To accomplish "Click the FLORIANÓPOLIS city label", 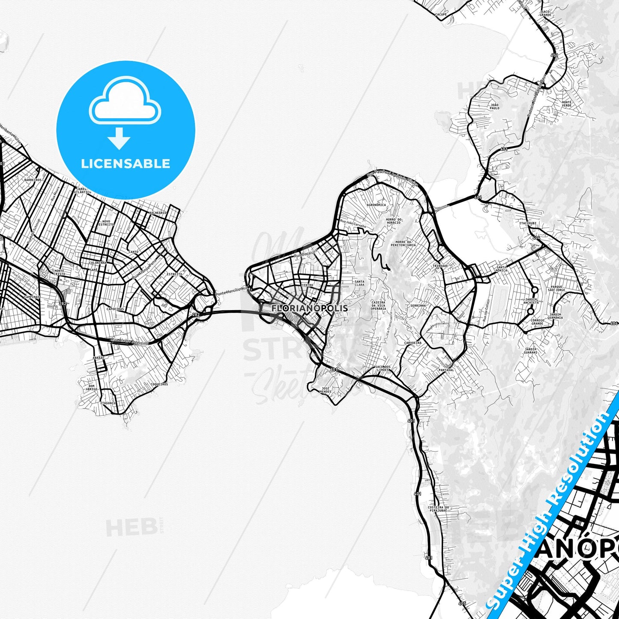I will coord(310,308).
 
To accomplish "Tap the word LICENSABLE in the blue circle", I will coord(126,164).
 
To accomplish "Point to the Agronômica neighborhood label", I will coord(377,205).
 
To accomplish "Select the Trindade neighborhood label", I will coord(440,266).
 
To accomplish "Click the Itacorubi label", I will coord(528,223).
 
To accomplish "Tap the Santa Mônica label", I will coord(501,269).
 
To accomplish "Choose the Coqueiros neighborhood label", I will coord(159,384).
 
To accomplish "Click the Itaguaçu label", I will coord(108,403).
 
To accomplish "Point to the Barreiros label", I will coord(33,180).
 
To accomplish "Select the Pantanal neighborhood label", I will coord(446,370).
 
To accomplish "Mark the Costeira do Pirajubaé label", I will coord(437,509).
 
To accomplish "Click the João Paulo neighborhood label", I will coord(494,106).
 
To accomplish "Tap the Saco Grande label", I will coord(545,13).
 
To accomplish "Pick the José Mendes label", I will coord(326,390).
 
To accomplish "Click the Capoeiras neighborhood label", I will coord(115,308).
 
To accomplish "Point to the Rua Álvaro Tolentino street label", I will coord(129,342).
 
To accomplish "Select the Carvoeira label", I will coord(413,343).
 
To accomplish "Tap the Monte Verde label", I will coord(567,104).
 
